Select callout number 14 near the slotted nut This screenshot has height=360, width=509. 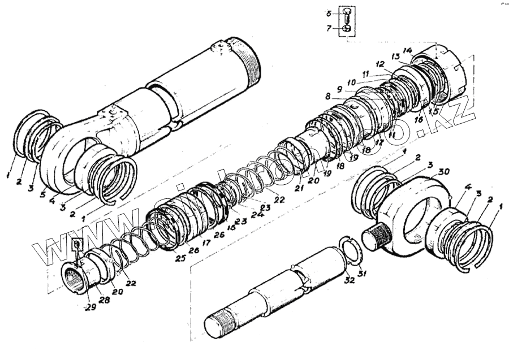pos(408,50)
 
